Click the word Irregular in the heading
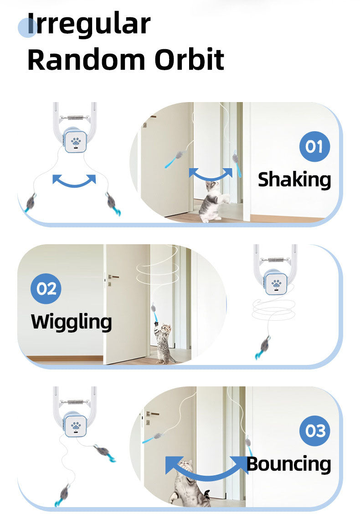point(89,24)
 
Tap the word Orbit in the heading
point(189,59)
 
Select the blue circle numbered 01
point(314,146)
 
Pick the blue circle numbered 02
point(46,288)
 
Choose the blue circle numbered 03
point(314,431)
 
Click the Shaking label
point(294,180)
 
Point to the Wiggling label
point(71,322)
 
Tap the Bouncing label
point(289,464)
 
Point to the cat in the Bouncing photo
point(188,484)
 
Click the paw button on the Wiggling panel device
point(276,283)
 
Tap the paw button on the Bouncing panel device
point(76,426)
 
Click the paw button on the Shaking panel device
point(76,142)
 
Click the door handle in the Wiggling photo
point(114,277)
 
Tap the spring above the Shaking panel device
point(75,118)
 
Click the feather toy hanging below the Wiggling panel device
point(262,347)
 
